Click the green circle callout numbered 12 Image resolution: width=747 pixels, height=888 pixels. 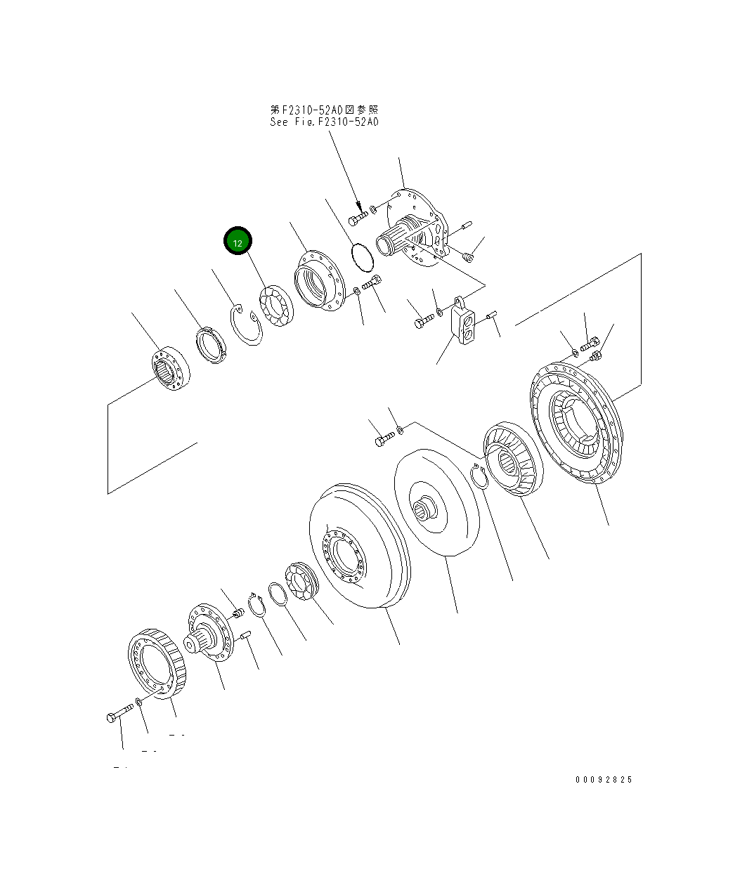[x=238, y=242]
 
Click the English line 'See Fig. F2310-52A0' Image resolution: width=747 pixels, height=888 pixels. [x=324, y=122]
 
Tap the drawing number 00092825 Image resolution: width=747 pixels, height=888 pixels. [x=604, y=780]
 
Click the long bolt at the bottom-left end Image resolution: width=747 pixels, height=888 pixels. [x=119, y=714]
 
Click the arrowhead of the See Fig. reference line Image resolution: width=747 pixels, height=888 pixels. [x=360, y=209]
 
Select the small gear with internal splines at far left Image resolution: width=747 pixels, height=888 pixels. [x=169, y=370]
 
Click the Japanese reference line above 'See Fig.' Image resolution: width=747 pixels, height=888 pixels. [x=324, y=110]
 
